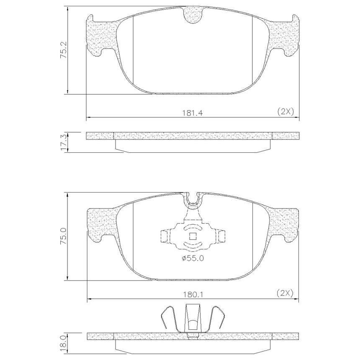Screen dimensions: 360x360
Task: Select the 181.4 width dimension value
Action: coord(193,113)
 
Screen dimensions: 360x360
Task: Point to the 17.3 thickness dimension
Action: coord(64,143)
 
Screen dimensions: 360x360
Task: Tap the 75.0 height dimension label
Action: coord(63,236)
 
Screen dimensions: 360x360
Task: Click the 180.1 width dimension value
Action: coord(193,294)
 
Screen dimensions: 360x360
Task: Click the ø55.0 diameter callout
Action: coord(193,259)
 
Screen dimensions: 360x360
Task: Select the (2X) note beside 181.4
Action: coord(285,112)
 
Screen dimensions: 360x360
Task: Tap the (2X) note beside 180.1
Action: coord(285,293)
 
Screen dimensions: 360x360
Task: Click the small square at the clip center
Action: coord(193,236)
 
